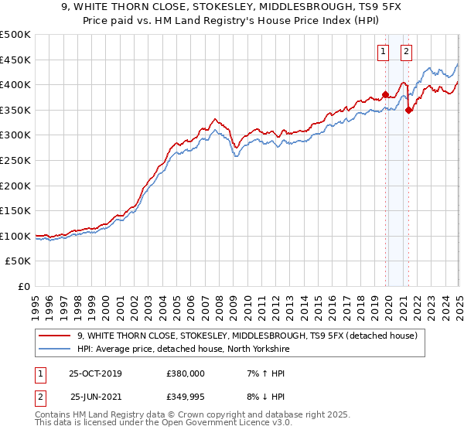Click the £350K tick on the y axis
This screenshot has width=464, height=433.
15,110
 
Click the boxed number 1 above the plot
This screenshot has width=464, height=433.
383,52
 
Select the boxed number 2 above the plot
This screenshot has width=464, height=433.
406,52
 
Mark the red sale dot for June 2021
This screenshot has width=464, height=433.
408,110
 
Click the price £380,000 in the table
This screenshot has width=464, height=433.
185,373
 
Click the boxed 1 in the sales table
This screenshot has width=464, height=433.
39,373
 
